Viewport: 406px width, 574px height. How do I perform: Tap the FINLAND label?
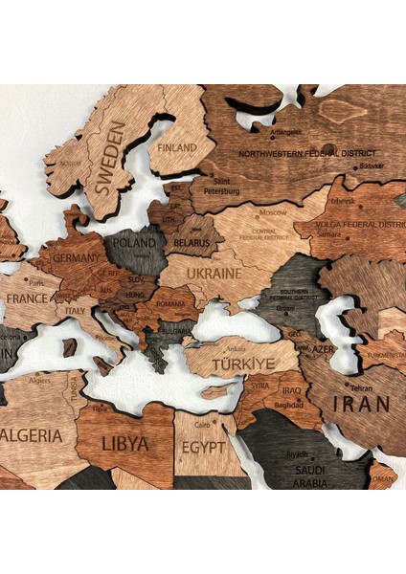(177, 148)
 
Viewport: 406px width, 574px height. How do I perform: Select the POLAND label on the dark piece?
(134, 243)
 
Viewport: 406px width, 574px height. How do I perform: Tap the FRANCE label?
(27, 298)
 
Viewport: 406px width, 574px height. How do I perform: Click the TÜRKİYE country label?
(243, 364)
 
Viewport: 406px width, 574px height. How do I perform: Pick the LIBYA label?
(125, 444)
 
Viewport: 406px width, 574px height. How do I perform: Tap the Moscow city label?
(273, 211)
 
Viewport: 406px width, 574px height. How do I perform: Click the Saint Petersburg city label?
(220, 186)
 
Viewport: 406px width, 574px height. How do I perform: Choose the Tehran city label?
(361, 388)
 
